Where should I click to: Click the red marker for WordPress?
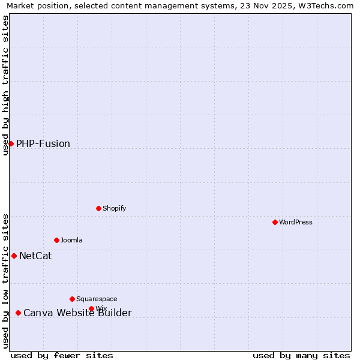(x=275, y=222)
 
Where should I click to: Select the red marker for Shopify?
(x=98, y=208)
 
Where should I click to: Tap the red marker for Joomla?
(x=56, y=240)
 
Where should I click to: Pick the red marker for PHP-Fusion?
(x=11, y=143)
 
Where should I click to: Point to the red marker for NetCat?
(x=14, y=256)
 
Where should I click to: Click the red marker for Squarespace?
(x=72, y=299)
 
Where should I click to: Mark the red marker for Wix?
(x=91, y=308)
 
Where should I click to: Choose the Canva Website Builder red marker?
(x=18, y=313)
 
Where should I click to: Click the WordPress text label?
(x=296, y=222)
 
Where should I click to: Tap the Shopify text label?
(x=114, y=208)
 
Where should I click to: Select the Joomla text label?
(x=71, y=240)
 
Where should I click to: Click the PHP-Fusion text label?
(x=43, y=144)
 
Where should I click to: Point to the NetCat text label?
(x=35, y=256)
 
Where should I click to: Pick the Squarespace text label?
(x=97, y=299)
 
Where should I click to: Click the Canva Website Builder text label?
(x=77, y=313)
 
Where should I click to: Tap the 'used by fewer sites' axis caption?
(x=62, y=355)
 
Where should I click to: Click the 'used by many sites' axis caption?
(x=301, y=355)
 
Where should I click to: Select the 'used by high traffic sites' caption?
(x=5, y=85)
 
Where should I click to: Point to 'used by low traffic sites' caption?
(x=5, y=281)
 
